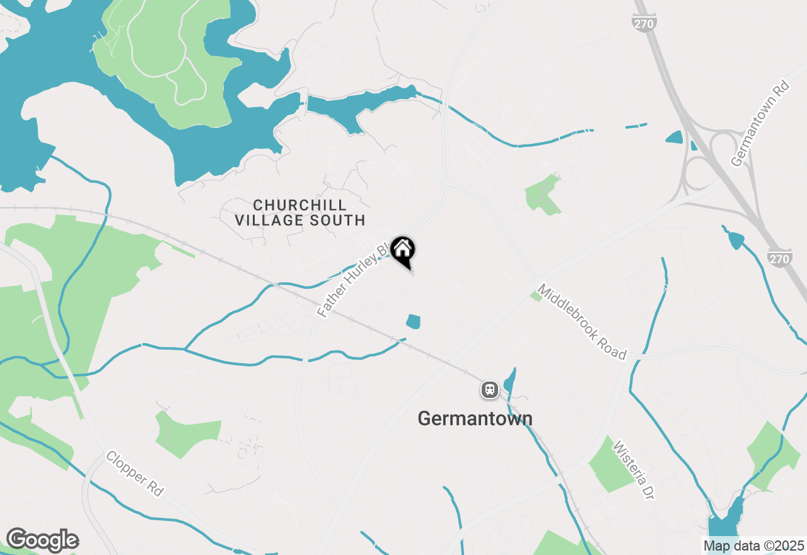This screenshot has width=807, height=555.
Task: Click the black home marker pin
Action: (402, 250)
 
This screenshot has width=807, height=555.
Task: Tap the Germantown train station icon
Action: (489, 390)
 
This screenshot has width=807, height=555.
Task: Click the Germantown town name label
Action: (475, 418)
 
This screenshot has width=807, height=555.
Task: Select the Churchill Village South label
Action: (299, 213)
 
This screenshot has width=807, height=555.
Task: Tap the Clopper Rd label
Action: (134, 473)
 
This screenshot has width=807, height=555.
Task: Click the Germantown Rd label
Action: (760, 123)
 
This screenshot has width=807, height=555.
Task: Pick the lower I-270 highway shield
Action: (781, 257)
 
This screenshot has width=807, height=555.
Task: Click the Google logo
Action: (42, 540)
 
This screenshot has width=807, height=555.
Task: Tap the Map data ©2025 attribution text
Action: (753, 546)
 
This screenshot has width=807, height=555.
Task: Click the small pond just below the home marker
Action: (413, 322)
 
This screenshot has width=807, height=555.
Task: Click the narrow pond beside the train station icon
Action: (510, 380)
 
